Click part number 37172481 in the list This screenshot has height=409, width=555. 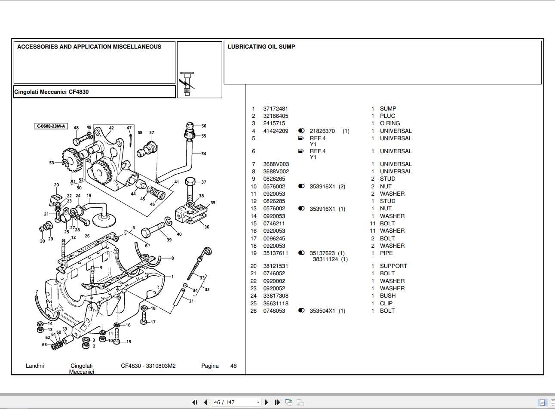click(276, 109)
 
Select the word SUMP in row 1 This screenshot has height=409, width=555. click(388, 109)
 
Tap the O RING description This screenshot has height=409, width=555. click(389, 123)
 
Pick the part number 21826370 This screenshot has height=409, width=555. click(322, 131)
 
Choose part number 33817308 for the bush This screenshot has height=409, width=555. click(276, 296)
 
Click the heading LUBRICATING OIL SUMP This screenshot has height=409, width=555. click(261, 47)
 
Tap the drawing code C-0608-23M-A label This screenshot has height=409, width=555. click(51, 126)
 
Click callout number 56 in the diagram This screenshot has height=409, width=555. click(204, 126)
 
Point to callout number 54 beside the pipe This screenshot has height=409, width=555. click(204, 154)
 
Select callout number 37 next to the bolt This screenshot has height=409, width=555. click(204, 182)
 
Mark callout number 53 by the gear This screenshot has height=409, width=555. click(52, 163)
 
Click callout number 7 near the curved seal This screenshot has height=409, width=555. click(37, 292)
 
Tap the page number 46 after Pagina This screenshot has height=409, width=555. click(233, 366)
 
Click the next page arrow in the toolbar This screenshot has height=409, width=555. click(267, 403)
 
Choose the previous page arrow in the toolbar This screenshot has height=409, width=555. click(205, 403)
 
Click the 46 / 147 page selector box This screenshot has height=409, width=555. click(236, 403)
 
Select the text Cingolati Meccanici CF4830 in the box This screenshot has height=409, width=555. click(52, 92)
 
